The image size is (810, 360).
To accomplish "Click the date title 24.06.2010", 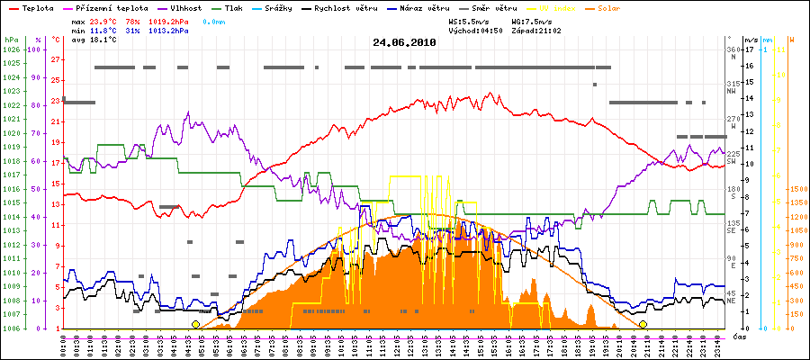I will coord(404,42).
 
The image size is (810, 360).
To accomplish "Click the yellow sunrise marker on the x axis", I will coord(195,324).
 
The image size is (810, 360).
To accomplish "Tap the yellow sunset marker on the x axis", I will coord(643,324).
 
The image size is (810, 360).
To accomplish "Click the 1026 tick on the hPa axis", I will coord(12,49).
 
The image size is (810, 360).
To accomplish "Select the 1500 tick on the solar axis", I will coord(797,189).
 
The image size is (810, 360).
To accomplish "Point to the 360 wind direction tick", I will coord(732,49).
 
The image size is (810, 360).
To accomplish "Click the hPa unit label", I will coord(11,40).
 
